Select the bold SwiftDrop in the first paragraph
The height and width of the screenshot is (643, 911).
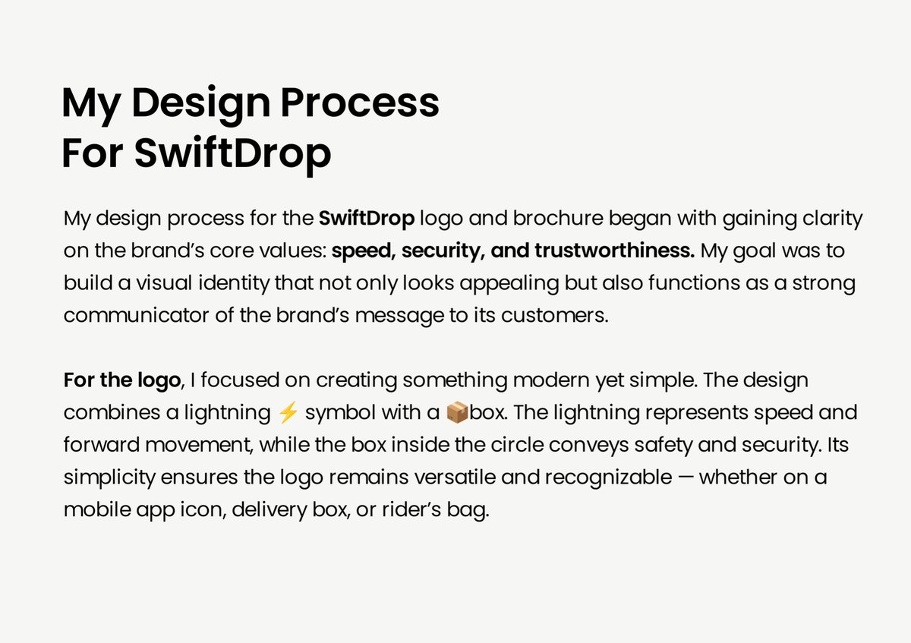[x=367, y=219]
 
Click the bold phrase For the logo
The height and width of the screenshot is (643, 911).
[x=121, y=379]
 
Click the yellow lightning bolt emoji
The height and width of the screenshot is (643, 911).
[x=287, y=413]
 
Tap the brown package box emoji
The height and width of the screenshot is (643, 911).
[x=456, y=413]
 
